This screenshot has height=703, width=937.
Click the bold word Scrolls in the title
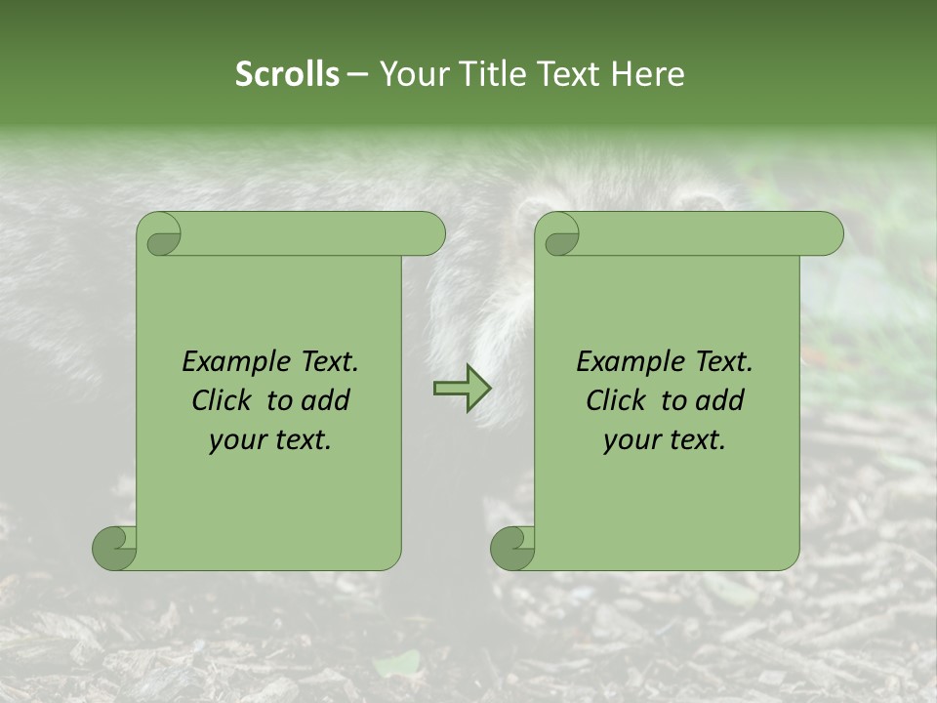click(287, 74)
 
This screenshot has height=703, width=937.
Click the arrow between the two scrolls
click(462, 388)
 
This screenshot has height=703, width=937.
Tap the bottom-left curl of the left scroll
click(114, 548)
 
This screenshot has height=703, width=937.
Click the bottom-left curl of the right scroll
click(512, 548)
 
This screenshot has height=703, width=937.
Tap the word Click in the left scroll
click(224, 400)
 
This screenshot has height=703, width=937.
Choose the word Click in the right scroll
click(617, 400)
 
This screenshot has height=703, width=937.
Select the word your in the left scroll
click(236, 440)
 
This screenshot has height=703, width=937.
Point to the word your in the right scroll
click(631, 440)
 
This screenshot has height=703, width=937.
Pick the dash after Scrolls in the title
click(357, 74)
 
